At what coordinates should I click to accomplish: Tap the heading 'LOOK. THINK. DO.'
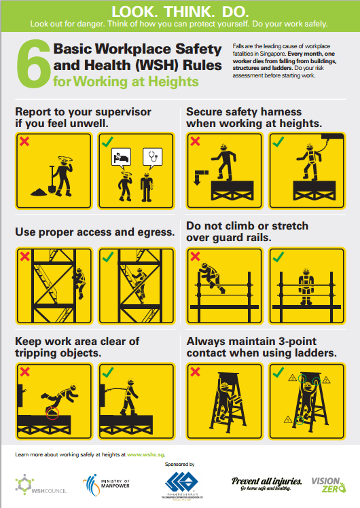click(180, 11)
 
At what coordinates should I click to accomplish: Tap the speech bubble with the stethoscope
click(151, 158)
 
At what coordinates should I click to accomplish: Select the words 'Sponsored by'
click(179, 464)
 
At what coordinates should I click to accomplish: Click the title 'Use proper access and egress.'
click(95, 232)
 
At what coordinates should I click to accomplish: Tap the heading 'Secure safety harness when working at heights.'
click(264, 117)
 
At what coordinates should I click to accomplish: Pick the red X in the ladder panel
click(196, 371)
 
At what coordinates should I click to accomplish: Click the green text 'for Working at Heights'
click(126, 82)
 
